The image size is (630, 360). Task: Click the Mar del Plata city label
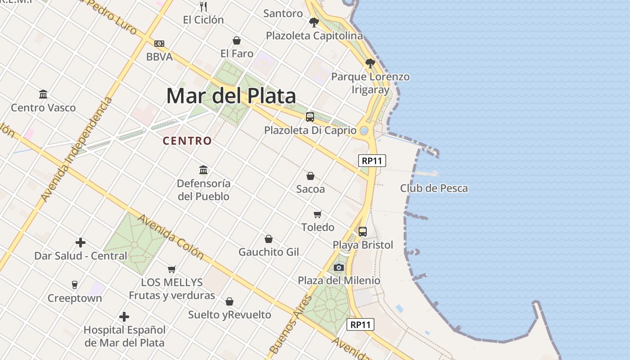[x=231, y=96]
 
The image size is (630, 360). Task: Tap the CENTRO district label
[x=187, y=141]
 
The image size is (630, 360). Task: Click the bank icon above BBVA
[x=159, y=44]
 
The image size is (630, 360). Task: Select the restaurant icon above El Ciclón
[x=203, y=6]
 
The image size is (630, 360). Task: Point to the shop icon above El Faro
[x=236, y=40]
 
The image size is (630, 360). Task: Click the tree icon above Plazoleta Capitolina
[x=314, y=22]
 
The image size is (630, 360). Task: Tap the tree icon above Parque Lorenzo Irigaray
[x=370, y=63]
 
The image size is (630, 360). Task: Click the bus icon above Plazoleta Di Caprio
[x=310, y=117]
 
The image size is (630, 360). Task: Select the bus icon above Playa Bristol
[x=363, y=232]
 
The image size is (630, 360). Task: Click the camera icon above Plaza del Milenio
[x=339, y=268]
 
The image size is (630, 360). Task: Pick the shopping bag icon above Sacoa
[x=310, y=175]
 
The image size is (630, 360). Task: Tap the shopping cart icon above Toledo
[x=318, y=214]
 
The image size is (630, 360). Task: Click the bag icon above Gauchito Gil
[x=269, y=238]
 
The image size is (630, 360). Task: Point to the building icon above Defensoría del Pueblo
[x=203, y=170]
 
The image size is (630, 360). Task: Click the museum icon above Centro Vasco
[x=43, y=94]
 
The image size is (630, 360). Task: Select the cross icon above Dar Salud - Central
[x=81, y=243]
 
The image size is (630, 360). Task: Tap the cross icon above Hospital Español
[x=124, y=317]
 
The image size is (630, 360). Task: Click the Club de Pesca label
[x=434, y=188]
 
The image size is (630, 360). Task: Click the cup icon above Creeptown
[x=75, y=285]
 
